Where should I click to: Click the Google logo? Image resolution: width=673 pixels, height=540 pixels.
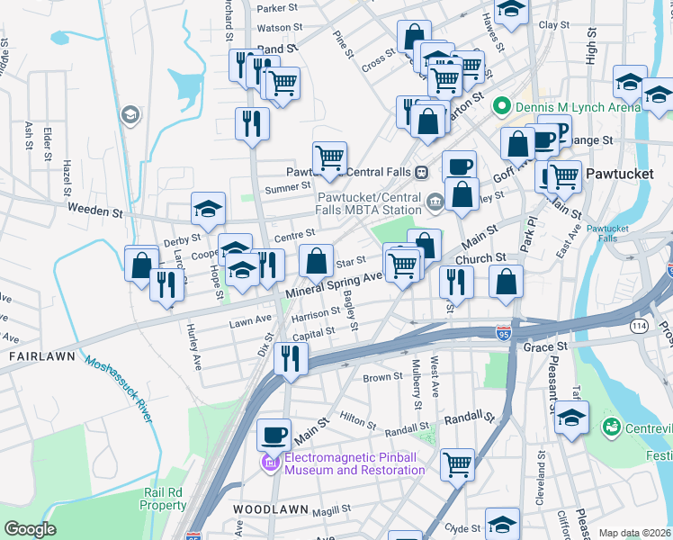click(30, 529)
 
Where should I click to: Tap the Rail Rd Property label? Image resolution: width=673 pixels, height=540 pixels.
click(164, 499)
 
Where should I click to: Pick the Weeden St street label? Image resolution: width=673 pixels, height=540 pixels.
click(94, 212)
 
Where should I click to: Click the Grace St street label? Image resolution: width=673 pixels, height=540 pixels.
click(549, 346)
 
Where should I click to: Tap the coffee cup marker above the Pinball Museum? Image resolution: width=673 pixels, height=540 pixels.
click(274, 435)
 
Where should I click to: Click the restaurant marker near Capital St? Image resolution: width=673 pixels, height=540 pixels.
click(291, 358)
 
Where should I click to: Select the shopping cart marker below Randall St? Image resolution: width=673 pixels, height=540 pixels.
click(457, 464)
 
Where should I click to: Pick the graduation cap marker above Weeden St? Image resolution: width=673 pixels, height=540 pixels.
click(208, 210)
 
